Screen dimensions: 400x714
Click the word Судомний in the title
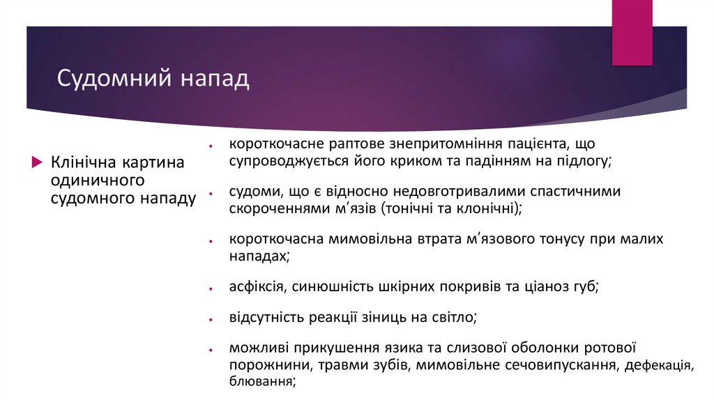[114, 77]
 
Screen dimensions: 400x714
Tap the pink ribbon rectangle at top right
[632, 32]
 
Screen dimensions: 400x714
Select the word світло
[453, 318]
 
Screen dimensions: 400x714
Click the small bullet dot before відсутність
[210, 319]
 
